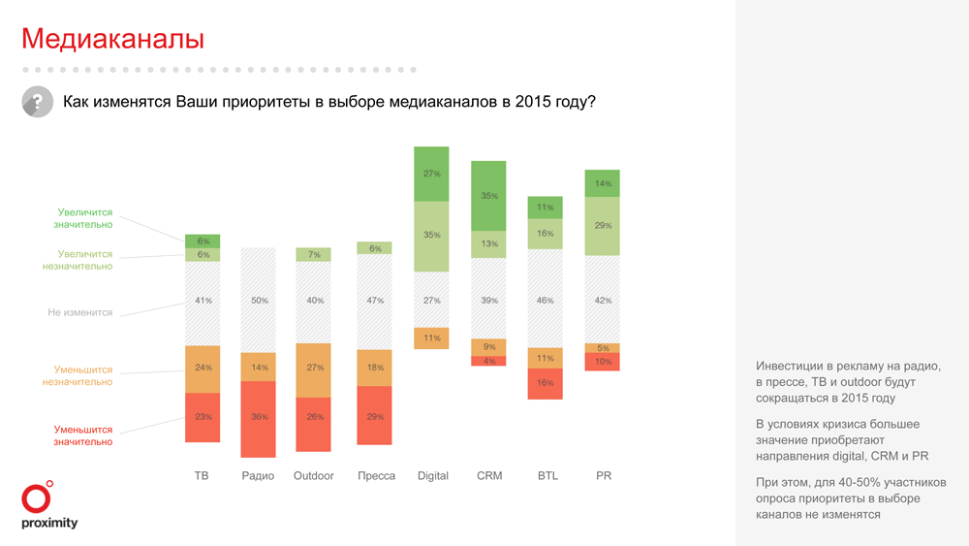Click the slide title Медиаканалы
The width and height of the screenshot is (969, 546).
click(x=112, y=39)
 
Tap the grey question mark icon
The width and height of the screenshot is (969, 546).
click(x=37, y=102)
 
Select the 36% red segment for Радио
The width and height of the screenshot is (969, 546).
click(x=259, y=418)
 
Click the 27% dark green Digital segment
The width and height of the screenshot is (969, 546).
click(x=432, y=174)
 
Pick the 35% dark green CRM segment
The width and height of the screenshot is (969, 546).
click(x=489, y=196)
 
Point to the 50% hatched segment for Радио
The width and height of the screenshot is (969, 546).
click(x=259, y=301)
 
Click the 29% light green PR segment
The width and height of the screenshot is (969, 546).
click(x=603, y=226)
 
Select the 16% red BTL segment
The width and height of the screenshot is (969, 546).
click(x=546, y=383)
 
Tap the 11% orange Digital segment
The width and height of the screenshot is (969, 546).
click(x=432, y=338)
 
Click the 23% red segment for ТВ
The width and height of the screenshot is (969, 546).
click(x=203, y=417)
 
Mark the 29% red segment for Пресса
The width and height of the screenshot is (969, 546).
click(x=375, y=416)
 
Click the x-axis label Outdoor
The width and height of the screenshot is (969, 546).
click(x=314, y=476)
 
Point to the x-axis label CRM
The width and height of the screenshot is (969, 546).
click(x=489, y=476)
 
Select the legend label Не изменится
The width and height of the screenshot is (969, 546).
click(x=80, y=313)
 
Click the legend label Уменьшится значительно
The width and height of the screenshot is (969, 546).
click(x=83, y=435)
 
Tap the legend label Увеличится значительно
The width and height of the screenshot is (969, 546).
click(x=85, y=218)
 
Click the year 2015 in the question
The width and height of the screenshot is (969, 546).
click(x=532, y=102)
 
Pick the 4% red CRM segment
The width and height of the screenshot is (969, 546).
click(x=489, y=362)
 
